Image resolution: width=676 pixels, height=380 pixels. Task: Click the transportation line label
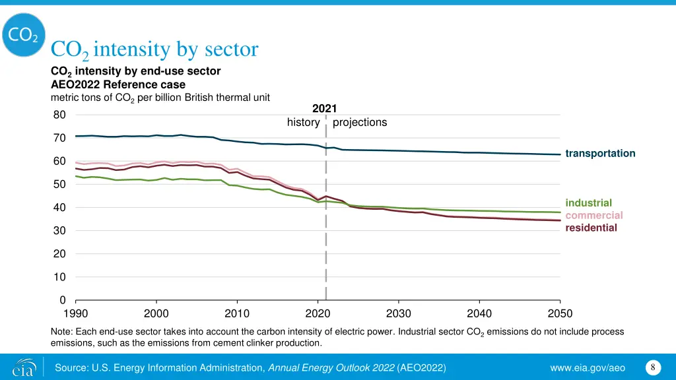600,153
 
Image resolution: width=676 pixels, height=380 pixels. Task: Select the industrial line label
589,203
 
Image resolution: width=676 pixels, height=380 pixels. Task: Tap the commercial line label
594,215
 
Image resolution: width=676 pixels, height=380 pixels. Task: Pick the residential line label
591,228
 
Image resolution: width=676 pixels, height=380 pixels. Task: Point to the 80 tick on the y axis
59,115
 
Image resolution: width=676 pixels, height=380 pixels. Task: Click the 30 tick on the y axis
59,230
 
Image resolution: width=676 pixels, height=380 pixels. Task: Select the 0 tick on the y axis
62,300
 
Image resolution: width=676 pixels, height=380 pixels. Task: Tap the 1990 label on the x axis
76,313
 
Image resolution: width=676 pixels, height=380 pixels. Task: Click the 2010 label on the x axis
237,313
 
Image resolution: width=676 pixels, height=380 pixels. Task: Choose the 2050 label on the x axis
560,313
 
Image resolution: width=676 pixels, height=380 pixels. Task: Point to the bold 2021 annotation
323,108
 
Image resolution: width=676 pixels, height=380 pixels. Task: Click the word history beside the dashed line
303,122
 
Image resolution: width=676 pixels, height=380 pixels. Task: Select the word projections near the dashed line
360,122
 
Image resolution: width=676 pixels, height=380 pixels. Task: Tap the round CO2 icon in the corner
23,35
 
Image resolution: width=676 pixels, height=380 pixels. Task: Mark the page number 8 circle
652,367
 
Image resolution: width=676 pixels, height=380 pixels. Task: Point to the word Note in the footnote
61,331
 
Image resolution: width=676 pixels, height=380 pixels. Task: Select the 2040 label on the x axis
479,313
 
